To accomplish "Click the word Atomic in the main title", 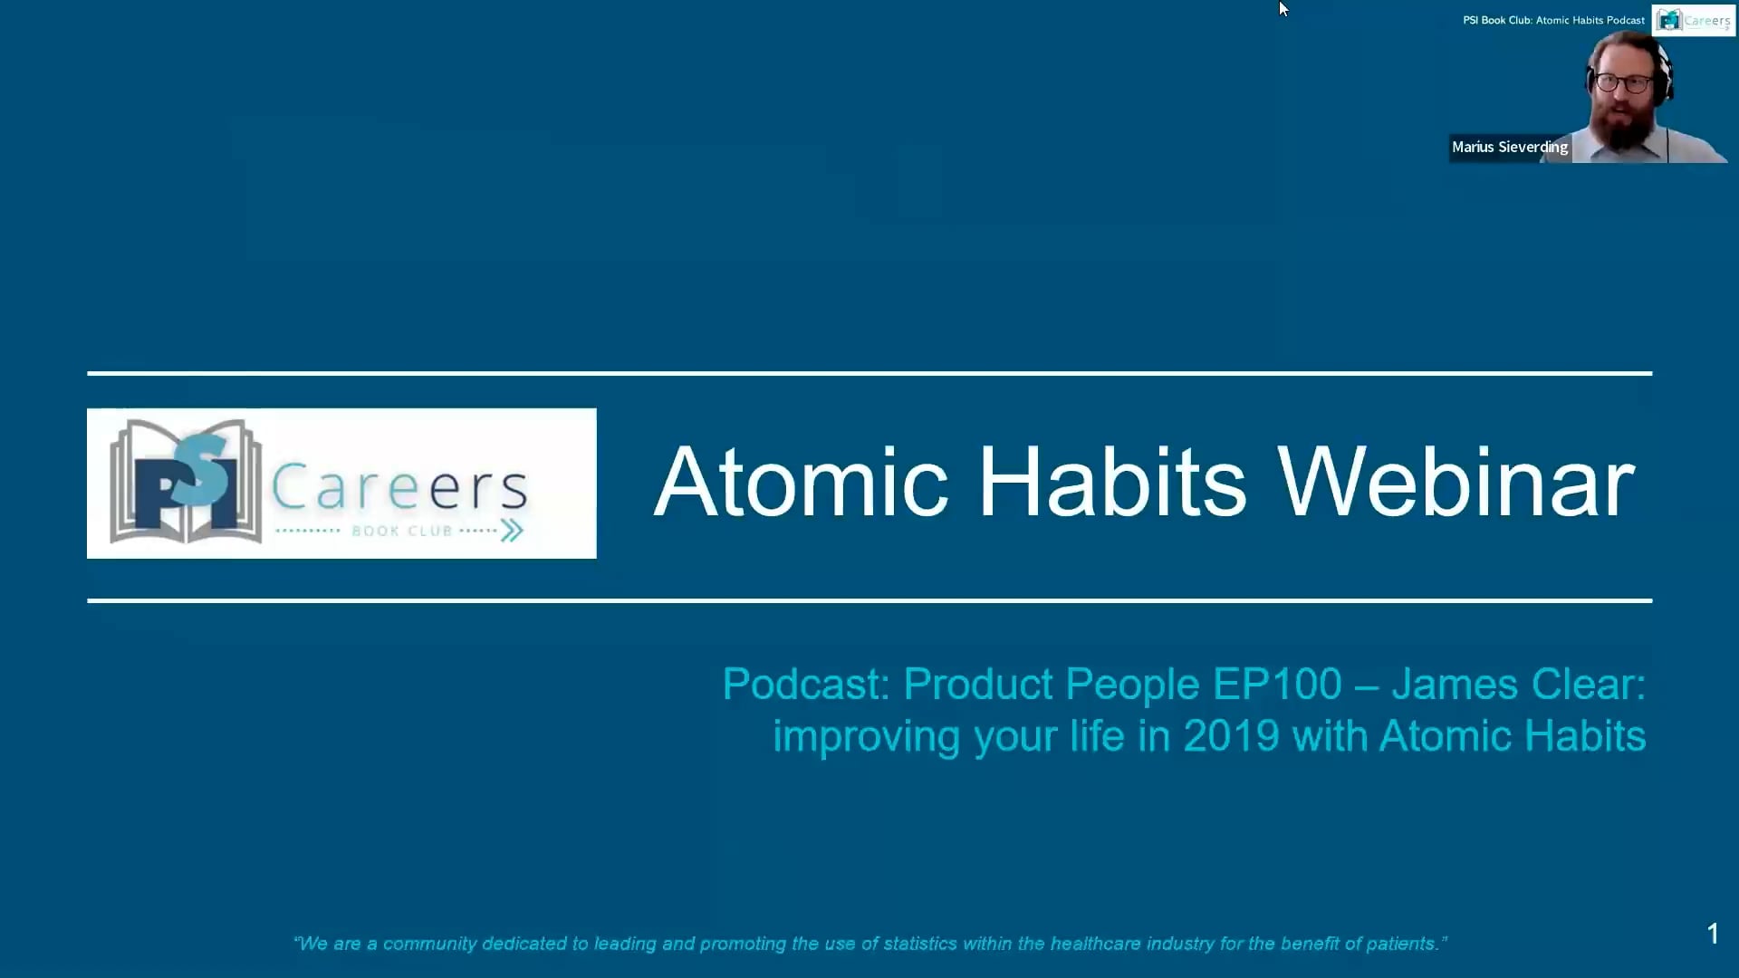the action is point(802,482).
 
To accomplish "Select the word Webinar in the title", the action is point(1456,482).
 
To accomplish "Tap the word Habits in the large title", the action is point(1113,482).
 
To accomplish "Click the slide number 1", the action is point(1713,934).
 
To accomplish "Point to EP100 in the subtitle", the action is point(1277,685).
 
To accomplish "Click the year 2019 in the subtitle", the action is point(1231,736).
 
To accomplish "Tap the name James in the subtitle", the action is point(1455,685).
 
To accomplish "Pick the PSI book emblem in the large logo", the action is point(186,482).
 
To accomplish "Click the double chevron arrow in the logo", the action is point(512,531).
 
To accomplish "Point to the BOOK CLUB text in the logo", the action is point(401,531).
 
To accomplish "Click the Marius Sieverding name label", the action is point(1510,147).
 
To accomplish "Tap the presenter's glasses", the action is point(1624,83).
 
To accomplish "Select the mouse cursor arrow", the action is point(1283,9).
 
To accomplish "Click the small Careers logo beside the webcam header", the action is point(1694,20).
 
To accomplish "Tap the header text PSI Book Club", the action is point(1497,20).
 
